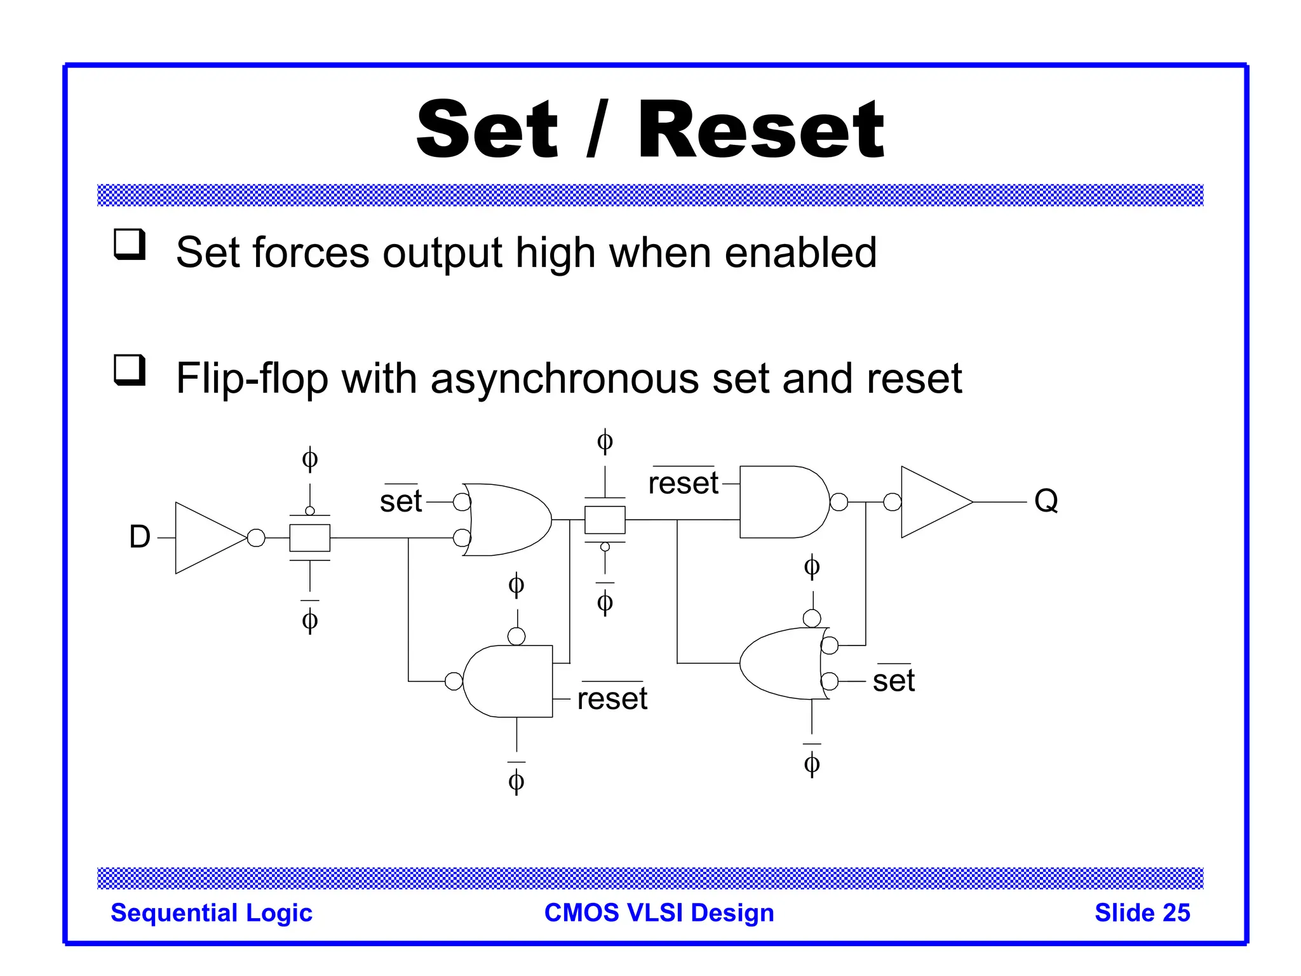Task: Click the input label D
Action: [140, 538]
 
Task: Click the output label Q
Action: [1046, 501]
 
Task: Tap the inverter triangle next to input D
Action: [206, 538]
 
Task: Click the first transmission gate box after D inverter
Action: [309, 538]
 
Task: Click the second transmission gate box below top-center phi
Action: [605, 520]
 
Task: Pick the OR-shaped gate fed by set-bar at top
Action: [508, 520]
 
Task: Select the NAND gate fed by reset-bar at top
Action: [781, 502]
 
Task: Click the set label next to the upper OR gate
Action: [401, 501]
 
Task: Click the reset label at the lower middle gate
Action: [612, 699]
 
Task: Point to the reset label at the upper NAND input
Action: [683, 484]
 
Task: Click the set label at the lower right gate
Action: [893, 681]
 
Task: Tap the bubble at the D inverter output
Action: [256, 538]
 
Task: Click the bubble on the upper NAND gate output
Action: [839, 502]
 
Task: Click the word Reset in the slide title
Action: [760, 131]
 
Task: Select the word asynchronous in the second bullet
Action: [565, 379]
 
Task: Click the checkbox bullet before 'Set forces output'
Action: [130, 245]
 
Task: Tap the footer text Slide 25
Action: [1142, 912]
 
